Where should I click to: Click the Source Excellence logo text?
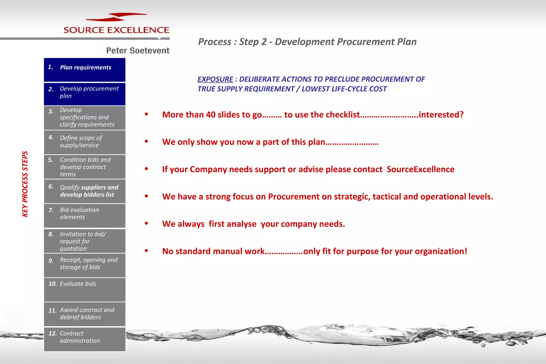(x=116, y=30)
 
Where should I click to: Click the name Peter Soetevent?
(x=138, y=50)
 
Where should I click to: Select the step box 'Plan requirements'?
(x=85, y=70)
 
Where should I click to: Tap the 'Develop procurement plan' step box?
(x=85, y=94)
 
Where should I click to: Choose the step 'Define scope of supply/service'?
(x=85, y=142)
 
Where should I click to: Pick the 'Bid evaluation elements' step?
(x=85, y=216)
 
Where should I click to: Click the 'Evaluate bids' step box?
(x=85, y=289)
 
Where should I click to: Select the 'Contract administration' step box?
(x=85, y=339)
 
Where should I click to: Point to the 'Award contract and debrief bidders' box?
(x=85, y=314)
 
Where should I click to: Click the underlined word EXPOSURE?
(x=215, y=79)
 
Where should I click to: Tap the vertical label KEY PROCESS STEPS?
(x=25, y=184)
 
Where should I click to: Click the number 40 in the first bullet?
(x=211, y=115)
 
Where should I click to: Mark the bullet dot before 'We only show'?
(x=146, y=141)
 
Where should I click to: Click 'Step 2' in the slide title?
(x=253, y=42)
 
